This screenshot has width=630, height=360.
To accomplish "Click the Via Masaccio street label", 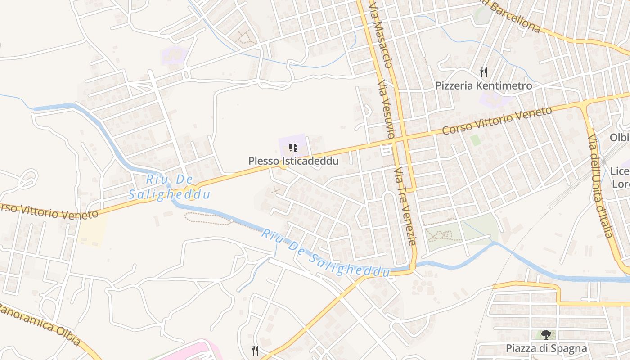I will click(380, 34).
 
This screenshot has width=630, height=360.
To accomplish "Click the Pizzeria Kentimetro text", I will click(483, 85).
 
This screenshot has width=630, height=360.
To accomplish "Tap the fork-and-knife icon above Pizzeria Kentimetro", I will click(484, 72).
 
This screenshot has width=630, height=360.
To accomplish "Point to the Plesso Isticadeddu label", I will click(293, 161).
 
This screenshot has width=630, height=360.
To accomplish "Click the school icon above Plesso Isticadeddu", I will click(293, 147).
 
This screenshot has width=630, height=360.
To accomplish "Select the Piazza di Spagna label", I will click(546, 348).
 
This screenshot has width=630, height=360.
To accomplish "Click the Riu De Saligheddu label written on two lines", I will click(169, 187).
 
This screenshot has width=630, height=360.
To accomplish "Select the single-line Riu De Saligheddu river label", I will click(325, 253).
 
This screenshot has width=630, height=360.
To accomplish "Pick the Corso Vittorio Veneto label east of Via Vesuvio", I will click(497, 121).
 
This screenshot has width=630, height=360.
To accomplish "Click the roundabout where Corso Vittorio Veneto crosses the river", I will click(192, 190).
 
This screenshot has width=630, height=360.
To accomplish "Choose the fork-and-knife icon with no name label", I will click(255, 350).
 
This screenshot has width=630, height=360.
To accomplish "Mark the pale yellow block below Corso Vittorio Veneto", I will click(92, 229).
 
